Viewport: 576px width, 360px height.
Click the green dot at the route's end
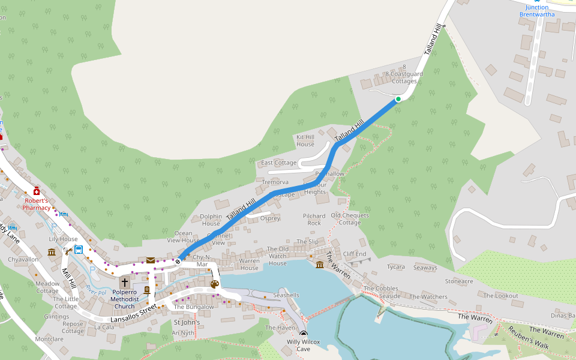tap(398, 99)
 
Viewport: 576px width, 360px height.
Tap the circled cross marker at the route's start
tap(178, 261)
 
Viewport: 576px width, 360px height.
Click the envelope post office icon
tap(150, 260)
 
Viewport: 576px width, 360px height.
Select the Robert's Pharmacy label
tap(37, 204)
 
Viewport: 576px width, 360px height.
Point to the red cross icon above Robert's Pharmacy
tap(37, 191)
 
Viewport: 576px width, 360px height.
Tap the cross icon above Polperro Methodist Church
tap(125, 283)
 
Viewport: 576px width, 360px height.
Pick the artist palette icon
tap(215, 284)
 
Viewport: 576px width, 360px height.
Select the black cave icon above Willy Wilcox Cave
tap(304, 334)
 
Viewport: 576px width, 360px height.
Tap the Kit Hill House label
tap(305, 140)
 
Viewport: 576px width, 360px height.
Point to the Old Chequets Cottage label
tap(350, 218)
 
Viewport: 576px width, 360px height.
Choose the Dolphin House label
tap(211, 220)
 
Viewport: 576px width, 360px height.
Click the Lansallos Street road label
tap(134, 311)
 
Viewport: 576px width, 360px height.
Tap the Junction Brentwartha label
tap(537, 11)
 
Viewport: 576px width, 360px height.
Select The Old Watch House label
tap(277, 256)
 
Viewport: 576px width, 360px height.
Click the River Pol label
tap(95, 289)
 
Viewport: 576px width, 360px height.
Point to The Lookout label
tap(500, 296)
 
